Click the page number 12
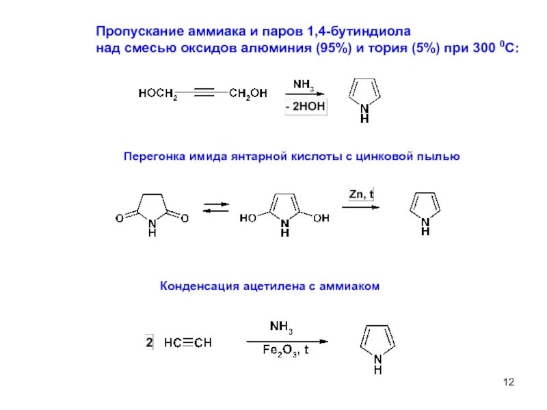(507, 381)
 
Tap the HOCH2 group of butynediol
(158, 94)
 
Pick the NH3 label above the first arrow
(304, 84)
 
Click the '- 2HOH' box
(305, 107)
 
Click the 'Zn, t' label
(361, 194)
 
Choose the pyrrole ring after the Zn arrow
(424, 206)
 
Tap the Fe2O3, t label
(286, 351)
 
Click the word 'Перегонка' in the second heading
(150, 156)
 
